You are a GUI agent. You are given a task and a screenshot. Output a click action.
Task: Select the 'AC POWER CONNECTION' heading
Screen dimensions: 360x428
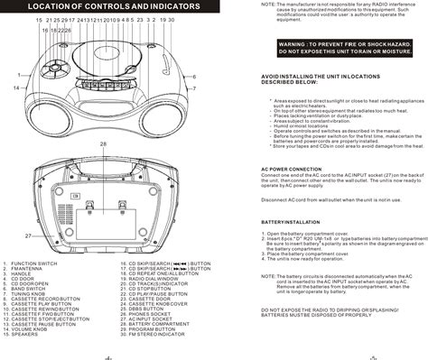click(x=292, y=169)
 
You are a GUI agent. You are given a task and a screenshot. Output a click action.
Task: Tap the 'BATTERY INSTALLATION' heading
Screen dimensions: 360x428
click(x=291, y=220)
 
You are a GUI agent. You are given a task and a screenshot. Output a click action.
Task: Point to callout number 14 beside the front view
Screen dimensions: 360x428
click(x=16, y=88)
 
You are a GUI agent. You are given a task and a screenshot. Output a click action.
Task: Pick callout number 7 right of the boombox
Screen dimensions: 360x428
click(x=195, y=88)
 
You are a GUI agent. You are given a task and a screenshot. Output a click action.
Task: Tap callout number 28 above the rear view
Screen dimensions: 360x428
click(x=104, y=144)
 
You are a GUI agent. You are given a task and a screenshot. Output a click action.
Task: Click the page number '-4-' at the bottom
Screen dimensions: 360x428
click(x=107, y=355)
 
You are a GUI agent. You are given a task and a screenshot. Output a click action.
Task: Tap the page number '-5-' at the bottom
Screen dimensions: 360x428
click(x=321, y=355)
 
